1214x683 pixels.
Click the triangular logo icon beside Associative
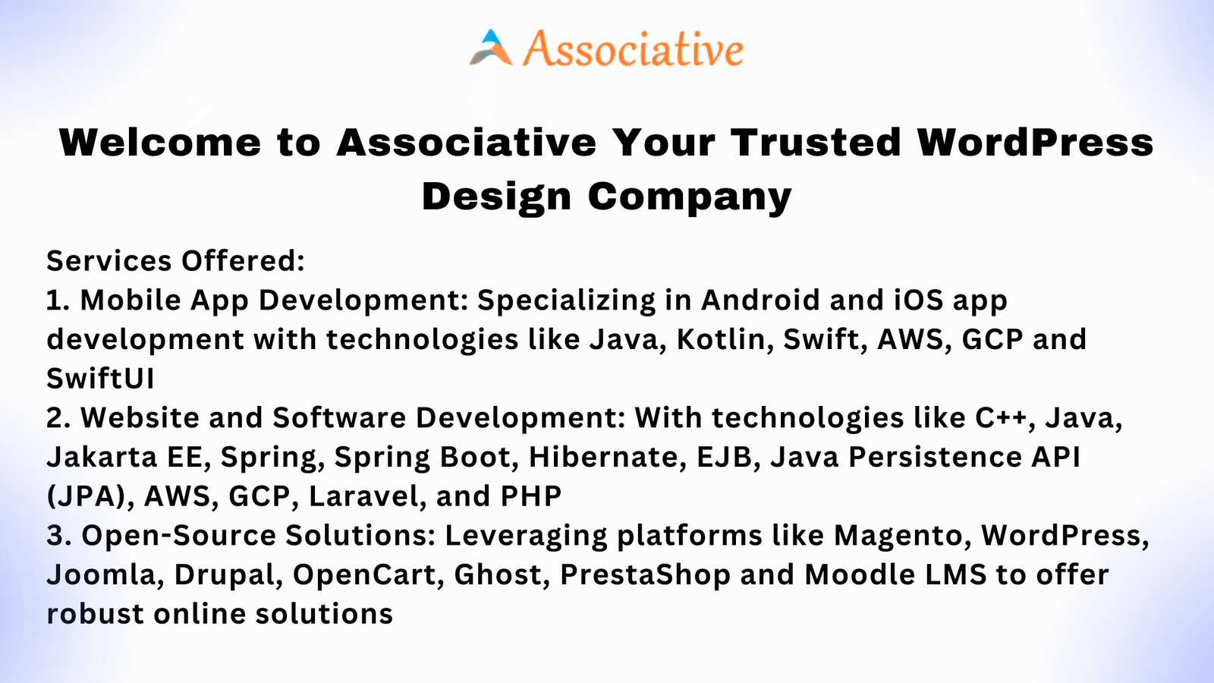491,48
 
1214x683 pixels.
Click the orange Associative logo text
633,49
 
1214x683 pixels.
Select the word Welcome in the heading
160,143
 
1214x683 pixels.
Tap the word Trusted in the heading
816,143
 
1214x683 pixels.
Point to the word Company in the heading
690,197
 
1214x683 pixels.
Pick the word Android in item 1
760,301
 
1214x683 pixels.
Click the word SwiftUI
100,379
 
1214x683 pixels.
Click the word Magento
902,536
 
